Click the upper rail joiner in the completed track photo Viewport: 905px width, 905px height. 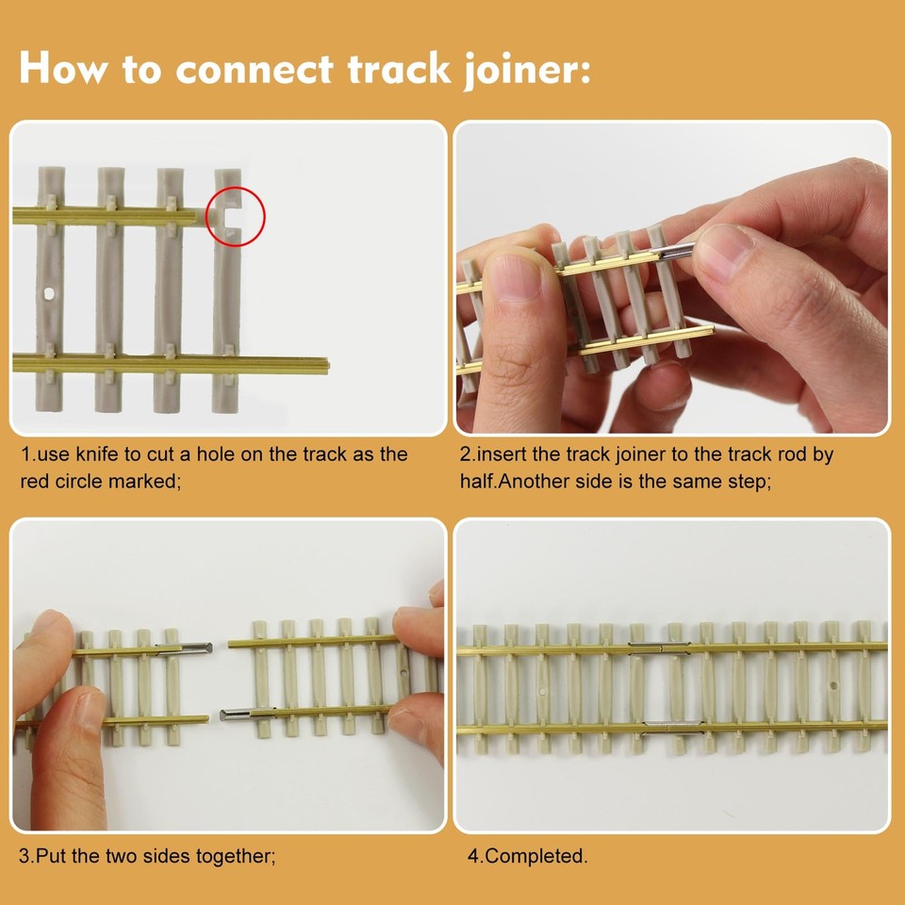click(x=659, y=647)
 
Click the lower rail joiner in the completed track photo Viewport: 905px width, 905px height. click(x=673, y=727)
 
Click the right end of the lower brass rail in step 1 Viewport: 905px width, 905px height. click(x=323, y=365)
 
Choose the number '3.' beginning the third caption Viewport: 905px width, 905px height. click(x=26, y=856)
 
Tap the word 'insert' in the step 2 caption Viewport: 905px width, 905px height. click(x=504, y=454)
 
